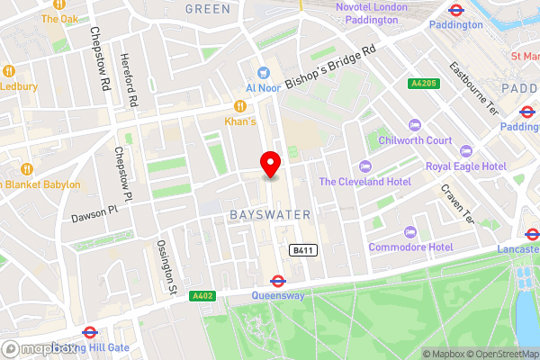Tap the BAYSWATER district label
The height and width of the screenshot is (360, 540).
(x=270, y=215)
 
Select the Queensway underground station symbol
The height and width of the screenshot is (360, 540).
(x=277, y=281)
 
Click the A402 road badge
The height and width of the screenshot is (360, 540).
(x=202, y=294)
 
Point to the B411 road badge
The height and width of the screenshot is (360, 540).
(x=301, y=249)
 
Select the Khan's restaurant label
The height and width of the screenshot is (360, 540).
(x=240, y=121)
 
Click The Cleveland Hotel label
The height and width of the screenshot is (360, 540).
(x=364, y=182)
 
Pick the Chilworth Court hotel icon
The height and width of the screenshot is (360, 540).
(x=415, y=125)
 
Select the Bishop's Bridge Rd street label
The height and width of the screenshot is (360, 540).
(x=330, y=68)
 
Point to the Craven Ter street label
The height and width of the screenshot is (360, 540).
(x=456, y=203)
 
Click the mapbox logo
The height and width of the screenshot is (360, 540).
(x=40, y=348)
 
